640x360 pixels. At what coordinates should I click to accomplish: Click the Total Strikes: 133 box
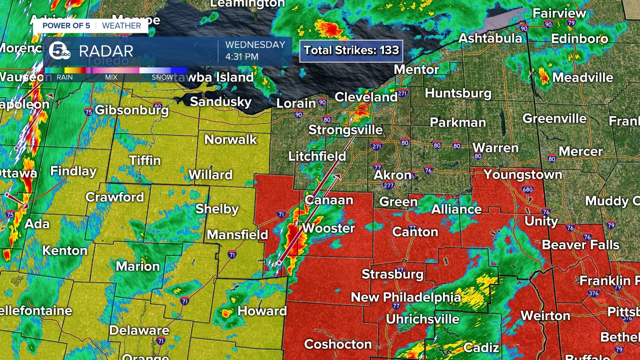tap(351, 51)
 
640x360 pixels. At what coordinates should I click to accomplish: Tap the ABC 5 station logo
tap(59, 51)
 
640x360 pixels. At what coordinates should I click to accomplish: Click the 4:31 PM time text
tap(242, 57)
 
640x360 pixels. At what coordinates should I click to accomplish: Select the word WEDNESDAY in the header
tap(255, 45)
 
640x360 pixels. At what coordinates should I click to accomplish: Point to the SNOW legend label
tap(162, 77)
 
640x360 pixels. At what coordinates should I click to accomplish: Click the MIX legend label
tap(111, 77)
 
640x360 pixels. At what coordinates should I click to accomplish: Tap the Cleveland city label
tap(366, 97)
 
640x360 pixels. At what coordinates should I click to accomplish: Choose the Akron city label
tap(392, 175)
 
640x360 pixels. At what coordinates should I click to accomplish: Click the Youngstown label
tap(523, 174)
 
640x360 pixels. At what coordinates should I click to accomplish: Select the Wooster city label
tap(328, 228)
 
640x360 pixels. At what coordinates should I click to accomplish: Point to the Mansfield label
tap(237, 235)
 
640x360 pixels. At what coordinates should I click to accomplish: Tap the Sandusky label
tap(220, 102)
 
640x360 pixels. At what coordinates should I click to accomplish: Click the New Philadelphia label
tap(406, 297)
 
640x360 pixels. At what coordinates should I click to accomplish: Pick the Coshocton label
tap(338, 344)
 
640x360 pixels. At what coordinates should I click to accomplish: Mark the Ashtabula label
tap(490, 38)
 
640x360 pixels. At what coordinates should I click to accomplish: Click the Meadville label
tap(582, 78)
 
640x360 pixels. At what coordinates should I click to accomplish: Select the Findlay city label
tap(73, 171)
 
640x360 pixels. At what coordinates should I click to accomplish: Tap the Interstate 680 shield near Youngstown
tap(528, 189)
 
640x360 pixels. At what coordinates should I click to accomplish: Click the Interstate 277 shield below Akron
tap(389, 186)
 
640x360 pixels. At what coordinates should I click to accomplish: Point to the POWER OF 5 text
tap(66, 26)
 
